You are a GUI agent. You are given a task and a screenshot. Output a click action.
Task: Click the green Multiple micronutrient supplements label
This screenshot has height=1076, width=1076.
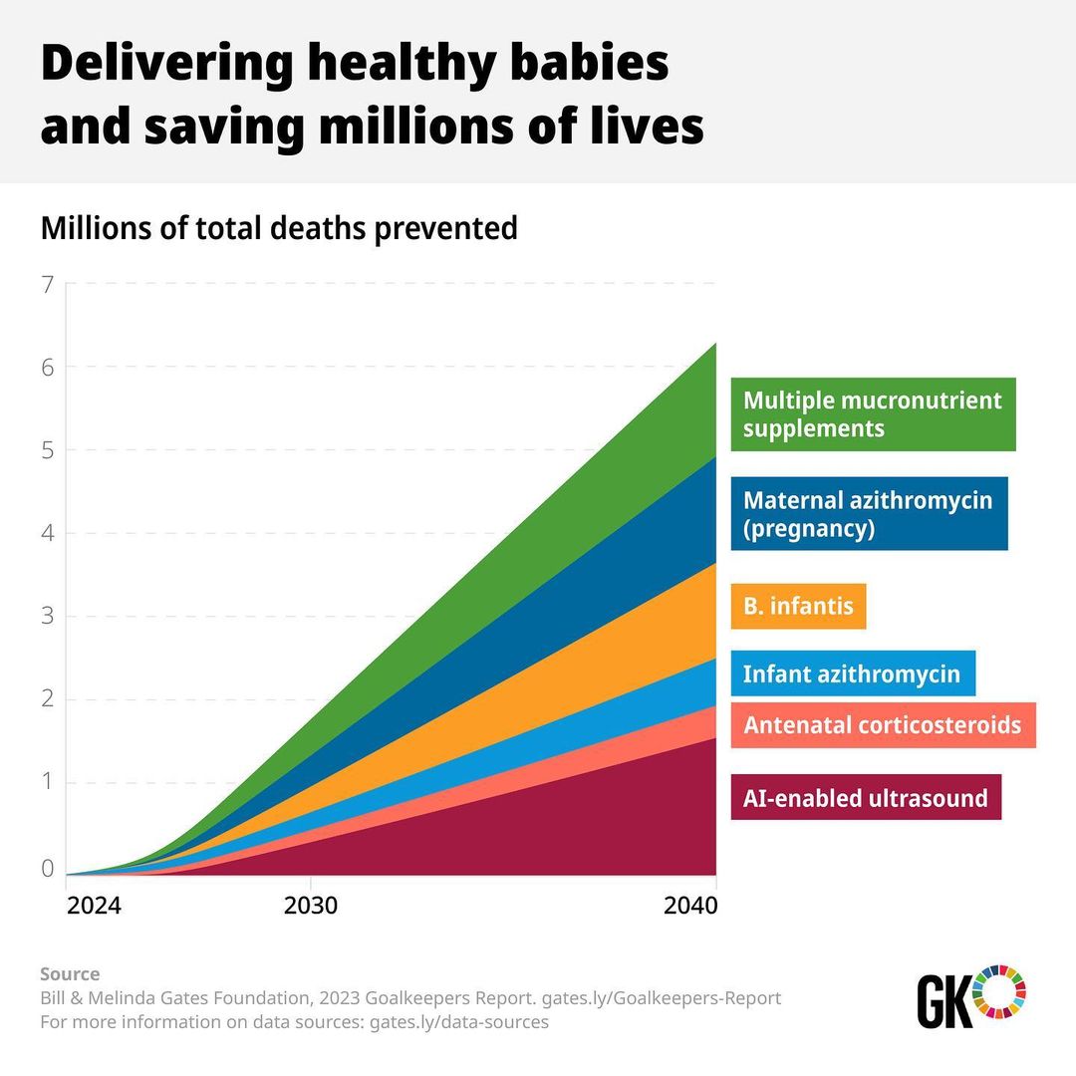pyautogui.click(x=873, y=414)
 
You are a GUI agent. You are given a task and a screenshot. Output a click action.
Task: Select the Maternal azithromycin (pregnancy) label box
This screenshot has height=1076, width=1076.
pyautogui.click(x=869, y=514)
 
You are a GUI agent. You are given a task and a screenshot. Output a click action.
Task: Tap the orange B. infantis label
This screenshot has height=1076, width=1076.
pyautogui.click(x=798, y=606)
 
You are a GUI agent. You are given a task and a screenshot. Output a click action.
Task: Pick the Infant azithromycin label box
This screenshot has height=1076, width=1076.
pyautogui.click(x=852, y=673)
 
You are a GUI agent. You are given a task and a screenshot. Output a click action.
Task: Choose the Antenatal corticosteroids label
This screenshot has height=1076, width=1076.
pyautogui.click(x=883, y=724)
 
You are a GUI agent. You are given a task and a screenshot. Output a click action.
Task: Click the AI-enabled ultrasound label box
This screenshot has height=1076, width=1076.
pyautogui.click(x=866, y=797)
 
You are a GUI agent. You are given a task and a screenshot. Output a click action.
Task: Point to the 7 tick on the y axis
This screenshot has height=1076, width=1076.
pyautogui.click(x=47, y=285)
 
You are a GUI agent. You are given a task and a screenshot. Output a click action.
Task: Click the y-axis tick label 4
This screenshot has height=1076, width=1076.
pyautogui.click(x=47, y=534)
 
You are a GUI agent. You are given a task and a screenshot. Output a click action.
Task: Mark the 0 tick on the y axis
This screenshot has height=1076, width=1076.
pyautogui.click(x=47, y=868)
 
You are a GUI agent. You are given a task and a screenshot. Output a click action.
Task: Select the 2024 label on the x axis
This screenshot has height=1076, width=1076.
pyautogui.click(x=94, y=907)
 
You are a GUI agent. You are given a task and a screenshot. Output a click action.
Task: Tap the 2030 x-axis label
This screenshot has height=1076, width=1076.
pyautogui.click(x=311, y=907)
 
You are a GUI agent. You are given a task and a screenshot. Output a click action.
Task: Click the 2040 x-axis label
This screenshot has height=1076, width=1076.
pyautogui.click(x=689, y=907)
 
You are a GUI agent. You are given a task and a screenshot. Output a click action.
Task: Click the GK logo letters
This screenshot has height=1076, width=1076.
pyautogui.click(x=942, y=1001)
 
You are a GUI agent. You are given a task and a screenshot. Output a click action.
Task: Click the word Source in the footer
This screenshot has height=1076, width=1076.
pyautogui.click(x=70, y=973)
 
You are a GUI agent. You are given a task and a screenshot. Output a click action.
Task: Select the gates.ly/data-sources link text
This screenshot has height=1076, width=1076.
pyautogui.click(x=459, y=1022)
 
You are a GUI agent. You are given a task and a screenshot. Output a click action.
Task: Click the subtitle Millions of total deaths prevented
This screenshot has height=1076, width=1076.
pyautogui.click(x=279, y=228)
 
